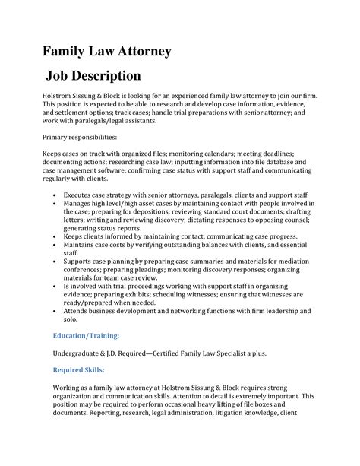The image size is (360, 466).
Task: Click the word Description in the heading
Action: [x=103, y=76]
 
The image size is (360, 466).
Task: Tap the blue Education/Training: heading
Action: [x=86, y=334]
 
